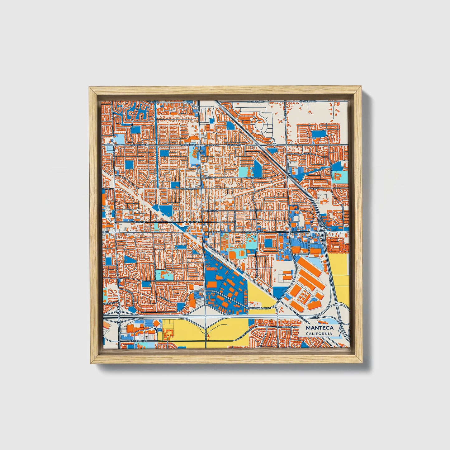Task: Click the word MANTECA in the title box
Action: point(320,328)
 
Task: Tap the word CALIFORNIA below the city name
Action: point(319,334)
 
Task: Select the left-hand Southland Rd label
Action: point(256,102)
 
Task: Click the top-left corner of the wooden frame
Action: point(89,88)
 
